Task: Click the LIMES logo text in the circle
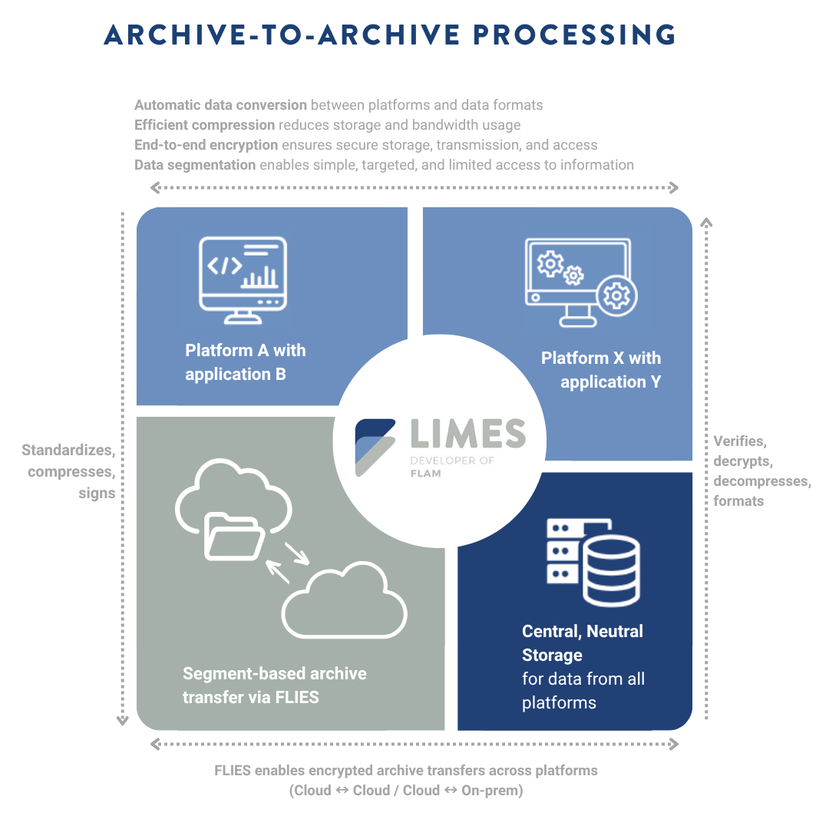(467, 434)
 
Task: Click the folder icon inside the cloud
(233, 537)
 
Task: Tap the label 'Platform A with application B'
(246, 362)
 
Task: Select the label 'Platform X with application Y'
(601, 370)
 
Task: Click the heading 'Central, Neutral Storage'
(582, 643)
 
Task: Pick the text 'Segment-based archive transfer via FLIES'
(274, 685)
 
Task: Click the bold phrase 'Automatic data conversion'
(221, 105)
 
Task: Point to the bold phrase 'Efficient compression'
(204, 124)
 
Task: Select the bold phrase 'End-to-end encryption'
(206, 144)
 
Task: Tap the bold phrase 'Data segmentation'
(195, 164)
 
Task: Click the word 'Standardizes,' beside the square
(68, 450)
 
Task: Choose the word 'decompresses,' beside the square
(761, 481)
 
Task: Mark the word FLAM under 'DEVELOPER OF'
(425, 474)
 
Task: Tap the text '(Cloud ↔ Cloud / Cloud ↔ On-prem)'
(406, 791)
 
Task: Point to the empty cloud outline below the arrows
(345, 602)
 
